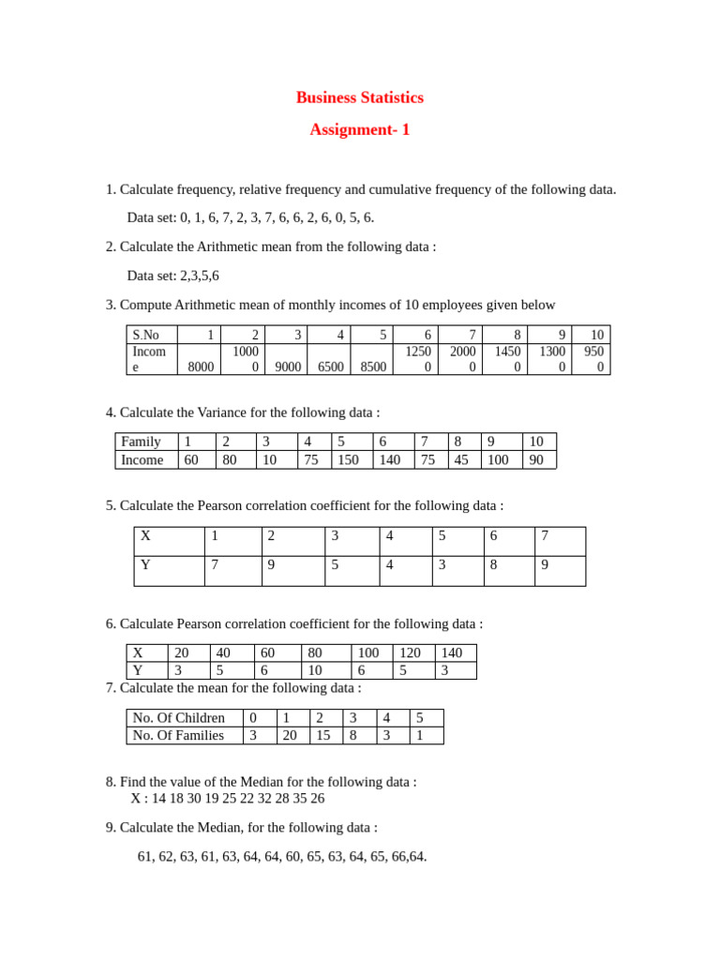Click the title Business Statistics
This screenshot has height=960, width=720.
tap(359, 97)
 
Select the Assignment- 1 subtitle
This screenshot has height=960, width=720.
tap(359, 130)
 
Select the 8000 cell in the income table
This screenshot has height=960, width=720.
tap(201, 367)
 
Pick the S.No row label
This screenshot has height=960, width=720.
tap(146, 335)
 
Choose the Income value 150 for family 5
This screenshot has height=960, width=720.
tap(348, 460)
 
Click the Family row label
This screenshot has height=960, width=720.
tap(141, 442)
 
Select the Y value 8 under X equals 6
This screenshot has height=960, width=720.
tap(493, 565)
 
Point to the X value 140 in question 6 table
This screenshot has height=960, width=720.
tap(451, 652)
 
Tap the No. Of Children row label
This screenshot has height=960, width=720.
tap(178, 718)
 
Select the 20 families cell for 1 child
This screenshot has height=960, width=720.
tap(290, 736)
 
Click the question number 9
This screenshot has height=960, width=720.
tap(111, 828)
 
